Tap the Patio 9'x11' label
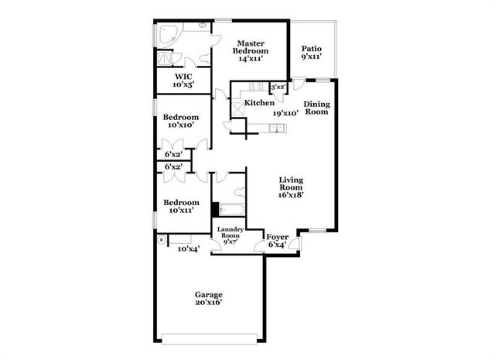click(x=312, y=49)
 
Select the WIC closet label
click(x=183, y=77)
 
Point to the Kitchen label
click(x=259, y=103)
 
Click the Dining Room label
click(x=316, y=108)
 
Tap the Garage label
click(x=209, y=295)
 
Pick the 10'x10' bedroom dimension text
click(x=179, y=125)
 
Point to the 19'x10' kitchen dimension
click(x=285, y=113)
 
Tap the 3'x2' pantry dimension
click(x=278, y=87)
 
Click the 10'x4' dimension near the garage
click(x=189, y=249)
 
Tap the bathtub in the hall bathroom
click(x=231, y=209)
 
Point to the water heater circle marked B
click(x=161, y=240)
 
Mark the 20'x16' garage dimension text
click(x=209, y=303)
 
